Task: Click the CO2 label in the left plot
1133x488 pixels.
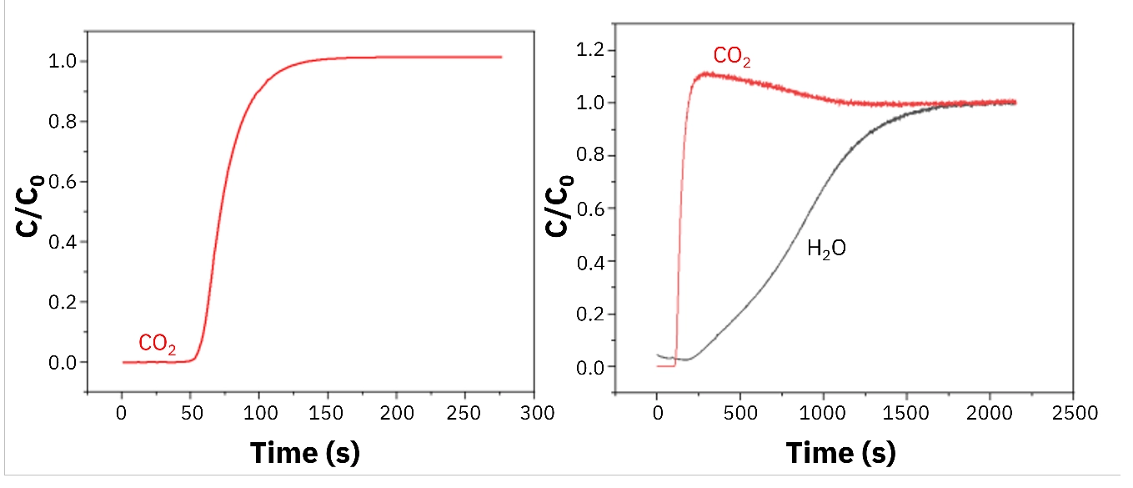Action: point(158,343)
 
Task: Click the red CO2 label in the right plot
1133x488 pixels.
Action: point(732,57)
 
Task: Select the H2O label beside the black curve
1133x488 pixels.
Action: point(826,248)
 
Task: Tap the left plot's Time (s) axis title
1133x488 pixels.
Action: point(305,452)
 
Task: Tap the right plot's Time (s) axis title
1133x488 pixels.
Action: point(840,452)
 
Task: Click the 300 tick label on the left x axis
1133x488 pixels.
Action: point(533,413)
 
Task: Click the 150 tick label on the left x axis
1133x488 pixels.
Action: point(328,413)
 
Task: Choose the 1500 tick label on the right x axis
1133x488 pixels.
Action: point(906,413)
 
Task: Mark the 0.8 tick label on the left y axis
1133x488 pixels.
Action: point(66,122)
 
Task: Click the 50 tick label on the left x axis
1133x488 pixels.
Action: point(191,413)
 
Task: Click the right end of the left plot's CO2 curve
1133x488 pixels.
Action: point(501,57)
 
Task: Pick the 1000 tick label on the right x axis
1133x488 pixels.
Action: point(823,413)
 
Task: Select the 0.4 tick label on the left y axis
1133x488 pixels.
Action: point(66,242)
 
